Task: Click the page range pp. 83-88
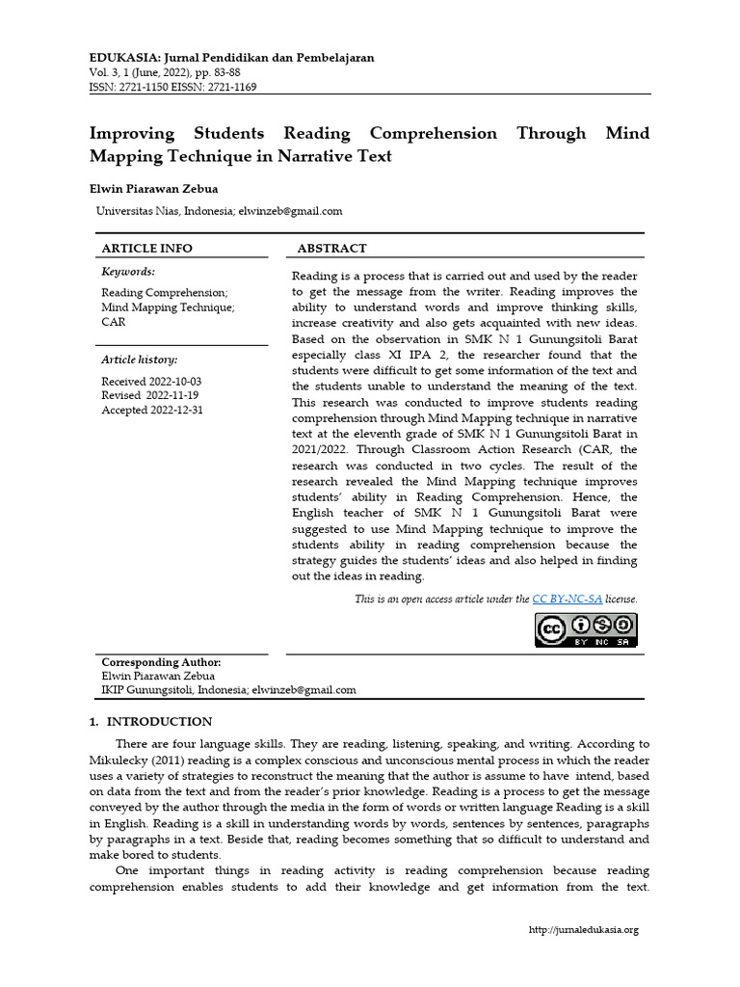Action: (221, 72)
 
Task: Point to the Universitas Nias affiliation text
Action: (163, 211)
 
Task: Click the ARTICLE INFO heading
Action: (147, 248)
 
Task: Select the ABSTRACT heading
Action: (331, 248)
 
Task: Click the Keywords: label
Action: (128, 272)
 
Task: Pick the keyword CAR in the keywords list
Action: (114, 322)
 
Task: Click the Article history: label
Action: (140, 360)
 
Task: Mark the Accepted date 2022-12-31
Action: (178, 410)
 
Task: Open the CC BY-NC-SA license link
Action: (567, 599)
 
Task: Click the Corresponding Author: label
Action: (161, 662)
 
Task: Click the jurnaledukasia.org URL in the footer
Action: (584, 929)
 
